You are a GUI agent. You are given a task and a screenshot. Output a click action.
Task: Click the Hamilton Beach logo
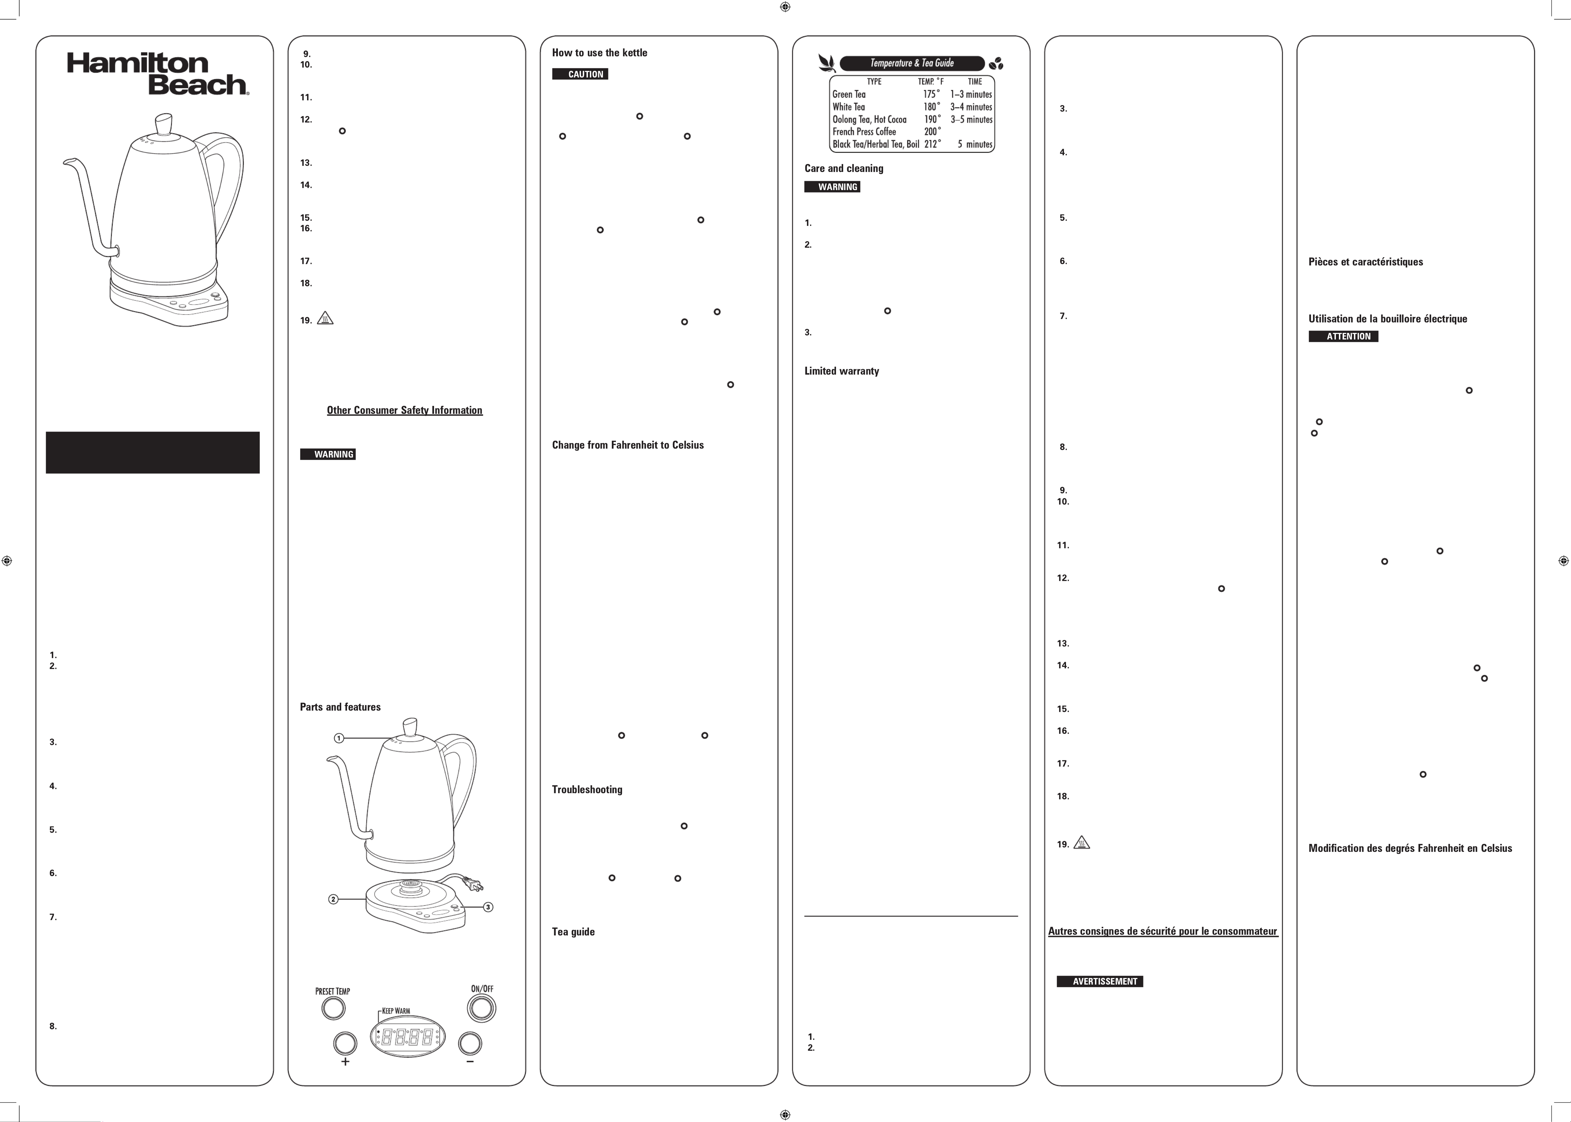(x=158, y=74)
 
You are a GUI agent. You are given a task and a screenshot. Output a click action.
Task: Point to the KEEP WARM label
(x=396, y=1011)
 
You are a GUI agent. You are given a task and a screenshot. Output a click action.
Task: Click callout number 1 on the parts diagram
(x=338, y=738)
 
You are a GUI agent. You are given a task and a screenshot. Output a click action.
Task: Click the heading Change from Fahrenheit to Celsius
(x=627, y=445)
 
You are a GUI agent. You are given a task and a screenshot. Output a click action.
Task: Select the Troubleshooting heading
(x=587, y=790)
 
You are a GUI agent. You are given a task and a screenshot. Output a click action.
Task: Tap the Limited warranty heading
(x=841, y=371)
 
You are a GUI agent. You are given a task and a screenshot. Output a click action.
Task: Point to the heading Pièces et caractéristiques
(x=1365, y=262)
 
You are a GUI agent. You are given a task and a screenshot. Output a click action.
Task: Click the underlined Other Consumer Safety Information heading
(x=404, y=410)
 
